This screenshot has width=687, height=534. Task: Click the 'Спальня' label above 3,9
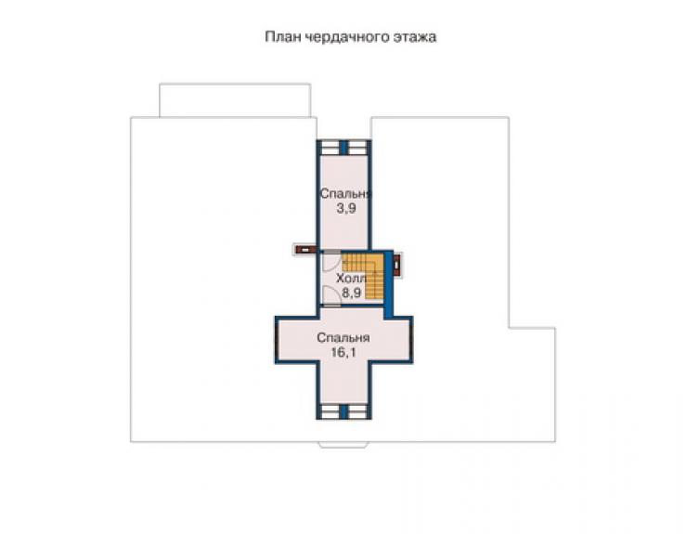pyautogui.click(x=346, y=193)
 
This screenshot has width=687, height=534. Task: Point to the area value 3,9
pyautogui.click(x=346, y=209)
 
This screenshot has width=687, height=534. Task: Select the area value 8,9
pyautogui.click(x=351, y=293)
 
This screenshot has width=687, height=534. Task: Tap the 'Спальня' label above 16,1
pyautogui.click(x=343, y=338)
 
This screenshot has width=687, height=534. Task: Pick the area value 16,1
pyautogui.click(x=343, y=353)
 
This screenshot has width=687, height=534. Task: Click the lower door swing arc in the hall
pyautogui.click(x=330, y=294)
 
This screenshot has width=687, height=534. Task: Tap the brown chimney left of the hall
pyautogui.click(x=305, y=250)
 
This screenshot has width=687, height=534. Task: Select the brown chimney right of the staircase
pyautogui.click(x=397, y=266)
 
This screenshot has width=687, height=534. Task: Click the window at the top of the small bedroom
pyautogui.click(x=343, y=148)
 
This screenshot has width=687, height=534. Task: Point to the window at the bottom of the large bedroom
pyautogui.click(x=343, y=411)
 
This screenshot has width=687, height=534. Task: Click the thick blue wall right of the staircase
pyautogui.click(x=389, y=283)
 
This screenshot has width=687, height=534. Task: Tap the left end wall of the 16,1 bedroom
pyautogui.click(x=277, y=340)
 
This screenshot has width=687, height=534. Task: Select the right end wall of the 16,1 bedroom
pyautogui.click(x=411, y=340)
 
